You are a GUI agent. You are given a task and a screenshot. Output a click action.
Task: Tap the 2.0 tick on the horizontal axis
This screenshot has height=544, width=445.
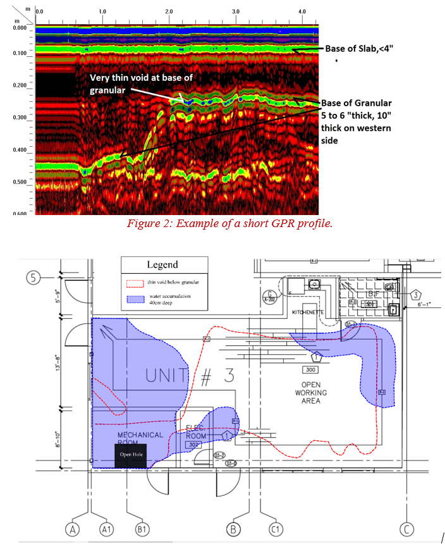pos(169,11)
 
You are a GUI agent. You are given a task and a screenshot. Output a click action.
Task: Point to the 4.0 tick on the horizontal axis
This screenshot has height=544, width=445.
pos(302,11)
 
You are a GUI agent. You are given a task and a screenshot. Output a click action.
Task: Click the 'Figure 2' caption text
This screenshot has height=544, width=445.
pos(229,223)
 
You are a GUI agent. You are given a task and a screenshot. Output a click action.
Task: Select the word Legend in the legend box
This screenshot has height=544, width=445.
pos(162,264)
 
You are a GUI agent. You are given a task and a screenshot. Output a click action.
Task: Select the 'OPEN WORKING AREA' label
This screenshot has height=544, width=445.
pos(311,392)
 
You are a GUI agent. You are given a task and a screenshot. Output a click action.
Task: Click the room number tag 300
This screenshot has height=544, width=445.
pos(310,369)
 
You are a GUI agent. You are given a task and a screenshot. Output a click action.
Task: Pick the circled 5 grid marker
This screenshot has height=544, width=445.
pos(34,277)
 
